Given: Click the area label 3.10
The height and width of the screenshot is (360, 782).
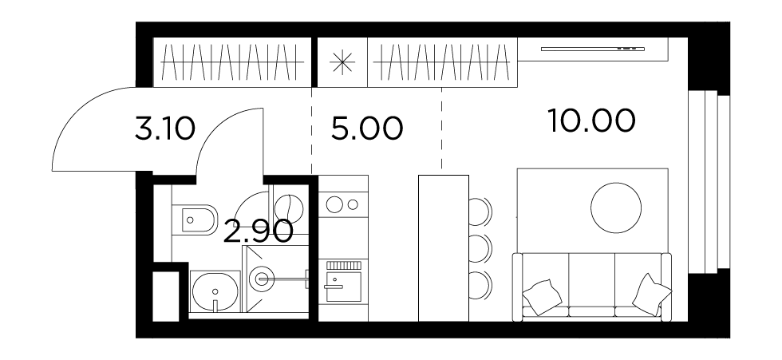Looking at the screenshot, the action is pos(164,129).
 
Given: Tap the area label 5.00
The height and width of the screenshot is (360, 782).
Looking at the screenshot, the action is pos(366,129).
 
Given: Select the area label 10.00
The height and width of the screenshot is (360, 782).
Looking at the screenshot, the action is pos(591,121).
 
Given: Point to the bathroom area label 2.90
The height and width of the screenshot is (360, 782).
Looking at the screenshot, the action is pos(258,231).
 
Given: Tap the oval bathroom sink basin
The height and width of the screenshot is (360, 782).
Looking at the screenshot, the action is pos(215,291).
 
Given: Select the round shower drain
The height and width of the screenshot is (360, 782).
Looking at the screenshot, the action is pos(262,279).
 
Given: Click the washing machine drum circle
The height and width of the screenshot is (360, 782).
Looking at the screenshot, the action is pos(289,209).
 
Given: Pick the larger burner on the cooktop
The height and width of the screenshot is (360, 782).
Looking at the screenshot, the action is pos(334,204).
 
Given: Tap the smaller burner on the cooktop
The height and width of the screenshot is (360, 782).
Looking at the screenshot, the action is pos(353,204).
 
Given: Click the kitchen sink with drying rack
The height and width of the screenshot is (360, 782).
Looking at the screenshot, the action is pos(343,281).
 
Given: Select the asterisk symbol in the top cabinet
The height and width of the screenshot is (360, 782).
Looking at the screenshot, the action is pos(342,63).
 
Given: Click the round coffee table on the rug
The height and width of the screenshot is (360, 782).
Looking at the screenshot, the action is pos(616,208).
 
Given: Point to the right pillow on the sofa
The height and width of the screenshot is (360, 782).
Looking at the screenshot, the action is pos(651,295).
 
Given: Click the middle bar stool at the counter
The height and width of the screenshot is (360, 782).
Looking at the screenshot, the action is pos(480,248).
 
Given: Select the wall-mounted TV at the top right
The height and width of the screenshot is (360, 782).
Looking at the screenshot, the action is pos(592,49).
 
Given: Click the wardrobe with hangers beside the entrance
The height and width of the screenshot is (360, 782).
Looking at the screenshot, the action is pos(232,62).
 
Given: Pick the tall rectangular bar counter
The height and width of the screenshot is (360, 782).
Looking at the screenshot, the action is pos(444,248).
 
